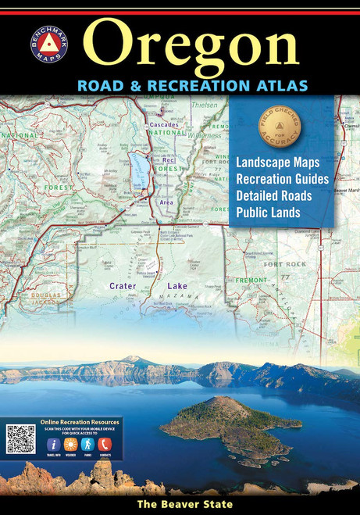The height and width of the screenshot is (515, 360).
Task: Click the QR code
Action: coord(21,439)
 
